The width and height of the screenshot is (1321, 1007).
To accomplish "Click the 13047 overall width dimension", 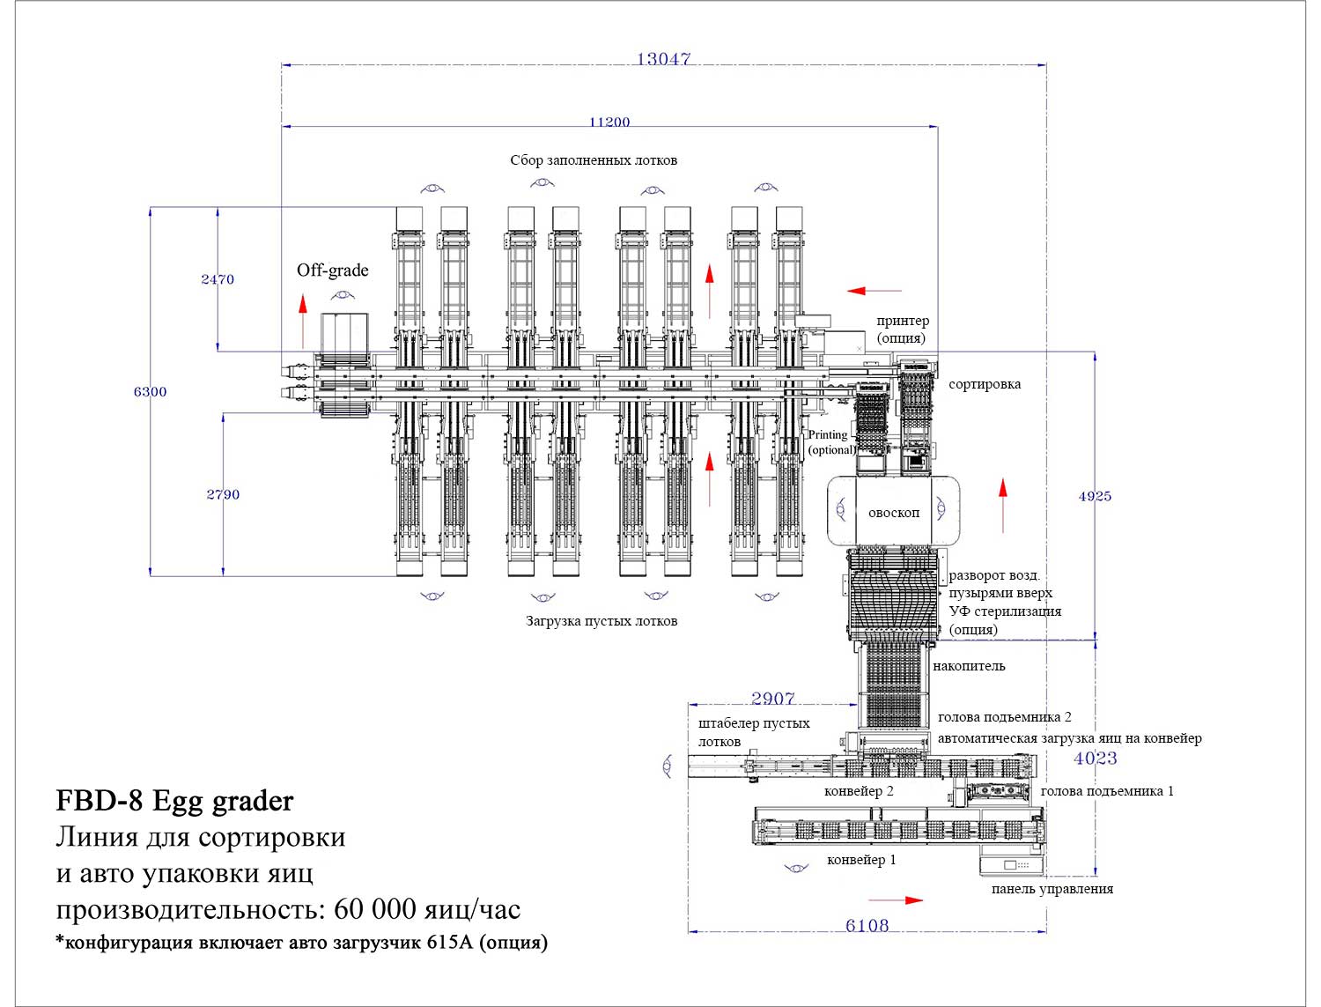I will click(663, 59).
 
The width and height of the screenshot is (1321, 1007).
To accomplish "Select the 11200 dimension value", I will click(609, 122).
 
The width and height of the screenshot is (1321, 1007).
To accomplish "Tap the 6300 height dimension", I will click(150, 391).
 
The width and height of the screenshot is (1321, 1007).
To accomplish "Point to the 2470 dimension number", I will click(218, 279).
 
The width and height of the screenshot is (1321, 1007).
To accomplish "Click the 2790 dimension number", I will click(223, 494).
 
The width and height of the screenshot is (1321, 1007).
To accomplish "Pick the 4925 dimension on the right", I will click(1095, 496).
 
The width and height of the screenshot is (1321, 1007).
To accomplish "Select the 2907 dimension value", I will click(772, 699).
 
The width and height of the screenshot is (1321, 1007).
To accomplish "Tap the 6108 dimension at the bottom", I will click(867, 925).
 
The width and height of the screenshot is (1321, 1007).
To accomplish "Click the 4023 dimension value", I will click(1095, 758).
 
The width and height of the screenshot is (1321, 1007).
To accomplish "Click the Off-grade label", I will click(332, 270).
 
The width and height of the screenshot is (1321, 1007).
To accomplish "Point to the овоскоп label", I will click(893, 513).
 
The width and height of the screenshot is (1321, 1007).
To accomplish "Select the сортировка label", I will click(985, 384).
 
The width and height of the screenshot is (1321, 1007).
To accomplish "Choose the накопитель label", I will click(969, 666).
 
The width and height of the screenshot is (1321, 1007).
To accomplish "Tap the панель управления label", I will click(1052, 889).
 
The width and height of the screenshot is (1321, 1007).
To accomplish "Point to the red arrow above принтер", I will click(875, 290).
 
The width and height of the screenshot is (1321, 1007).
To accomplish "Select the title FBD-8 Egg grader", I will click(174, 801).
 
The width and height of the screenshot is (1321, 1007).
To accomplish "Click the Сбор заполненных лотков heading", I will click(594, 160).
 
